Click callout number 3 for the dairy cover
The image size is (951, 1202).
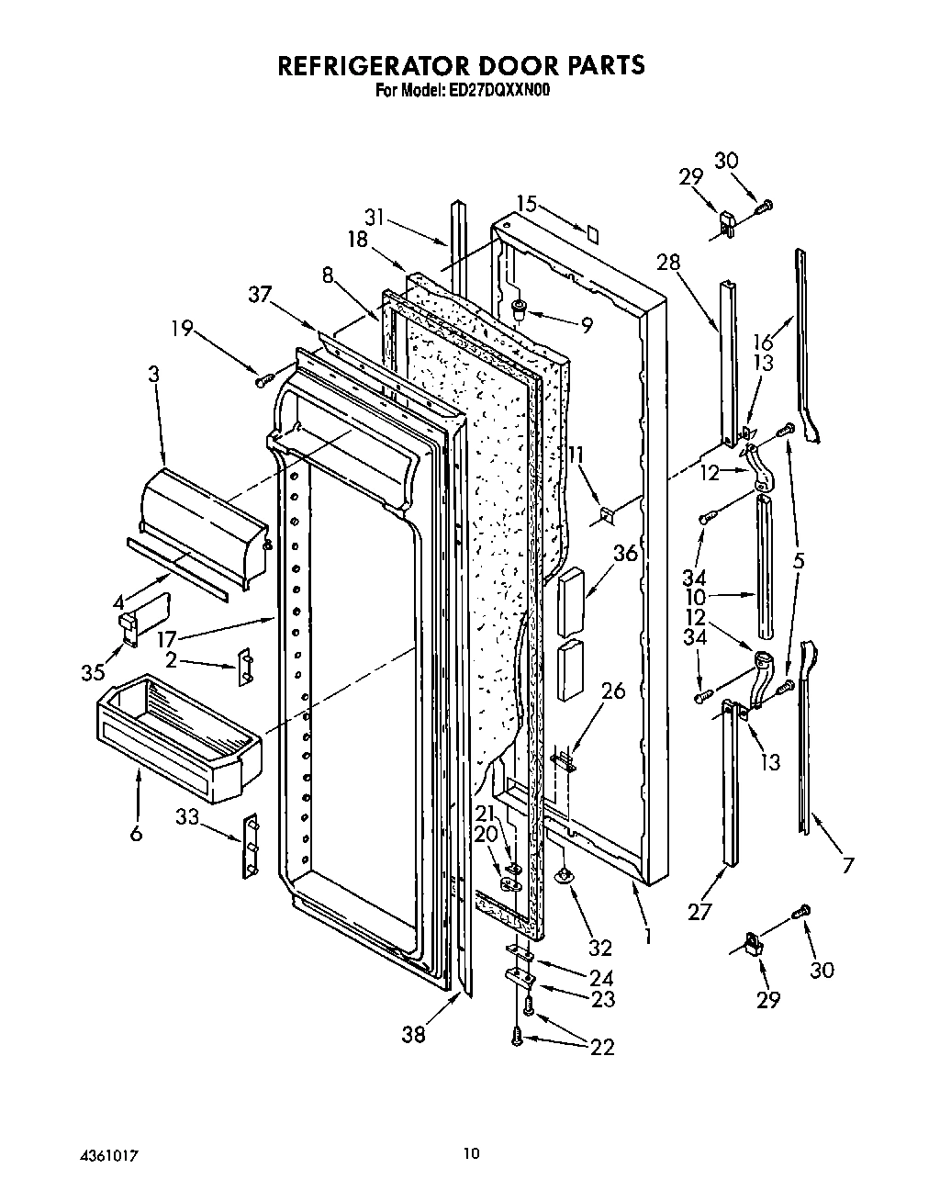[153, 374]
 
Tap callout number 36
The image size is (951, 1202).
[625, 555]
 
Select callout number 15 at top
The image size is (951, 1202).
[525, 204]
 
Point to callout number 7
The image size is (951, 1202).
[847, 864]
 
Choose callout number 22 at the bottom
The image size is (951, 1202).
[602, 1046]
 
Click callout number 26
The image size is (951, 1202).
[612, 690]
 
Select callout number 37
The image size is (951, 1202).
[261, 294]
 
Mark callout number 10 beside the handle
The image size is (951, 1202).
[696, 598]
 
